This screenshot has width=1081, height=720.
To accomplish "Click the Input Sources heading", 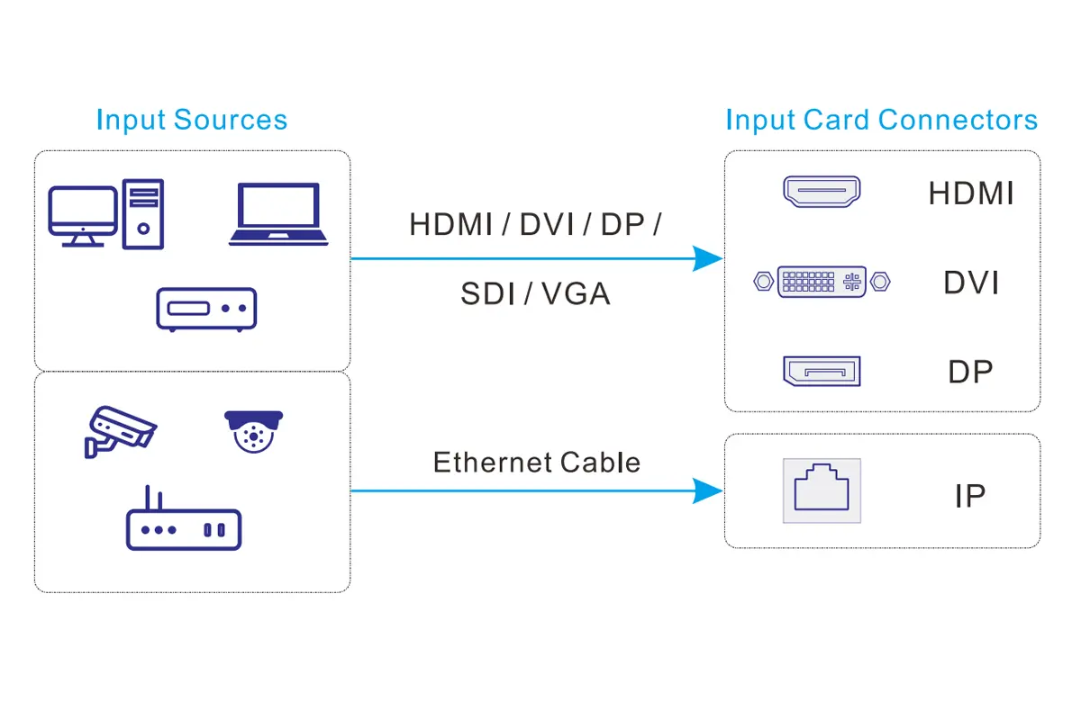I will click(x=191, y=120).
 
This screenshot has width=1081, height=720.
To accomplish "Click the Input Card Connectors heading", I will click(x=881, y=120).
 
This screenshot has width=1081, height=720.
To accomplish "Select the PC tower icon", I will click(x=143, y=213).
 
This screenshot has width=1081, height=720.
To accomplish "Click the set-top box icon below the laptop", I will click(x=206, y=309).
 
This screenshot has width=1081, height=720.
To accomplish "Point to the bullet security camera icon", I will click(x=119, y=429).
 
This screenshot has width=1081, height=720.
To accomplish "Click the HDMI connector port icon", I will click(x=821, y=192).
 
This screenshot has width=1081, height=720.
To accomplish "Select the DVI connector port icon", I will click(x=821, y=282).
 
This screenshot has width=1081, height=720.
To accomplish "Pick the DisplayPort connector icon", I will click(x=821, y=371).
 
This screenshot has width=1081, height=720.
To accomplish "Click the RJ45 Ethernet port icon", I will click(x=821, y=490).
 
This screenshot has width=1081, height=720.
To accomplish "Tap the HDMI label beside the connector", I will click(x=971, y=193).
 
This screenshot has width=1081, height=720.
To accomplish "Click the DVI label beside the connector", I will click(x=971, y=283).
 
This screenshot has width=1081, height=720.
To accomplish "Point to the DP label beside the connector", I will click(x=970, y=372).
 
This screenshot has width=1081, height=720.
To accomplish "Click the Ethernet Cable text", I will click(x=537, y=463).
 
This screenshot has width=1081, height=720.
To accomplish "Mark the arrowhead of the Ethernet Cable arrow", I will click(x=708, y=490).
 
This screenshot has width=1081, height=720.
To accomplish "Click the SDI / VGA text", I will click(x=535, y=293).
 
